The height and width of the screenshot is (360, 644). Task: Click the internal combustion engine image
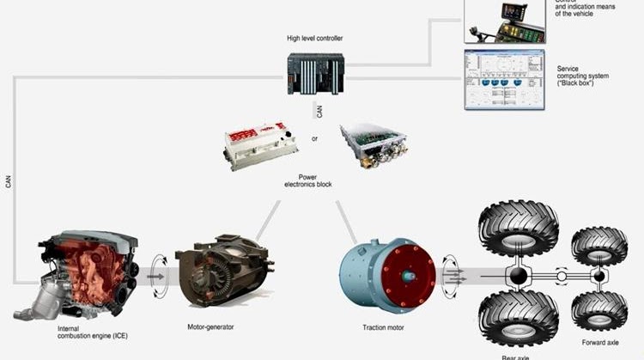coord(85,271)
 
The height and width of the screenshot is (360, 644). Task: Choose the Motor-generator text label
coord(210,327)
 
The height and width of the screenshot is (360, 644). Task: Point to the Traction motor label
coord(386,328)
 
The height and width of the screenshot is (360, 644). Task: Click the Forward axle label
coord(599,341)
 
